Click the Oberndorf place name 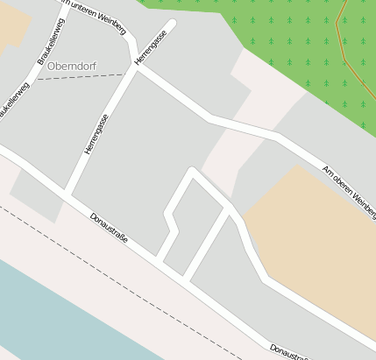pyautogui.click(x=73, y=66)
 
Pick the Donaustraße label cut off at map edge pyautogui.click(x=289, y=351)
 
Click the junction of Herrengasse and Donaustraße pyautogui.click(x=66, y=194)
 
